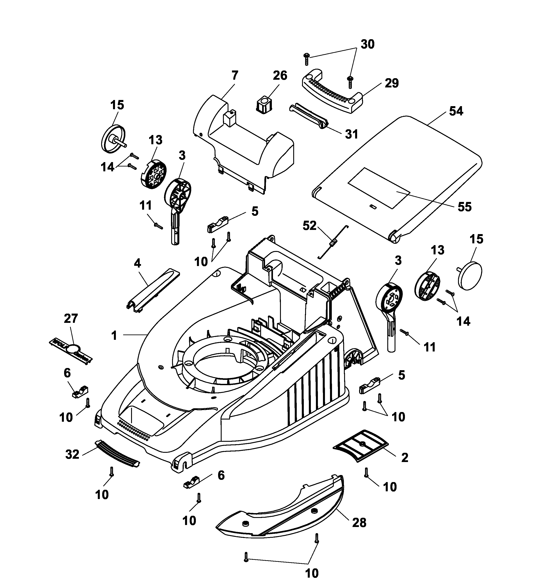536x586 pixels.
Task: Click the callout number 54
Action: coord(456,111)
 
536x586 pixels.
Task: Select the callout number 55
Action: coord(464,207)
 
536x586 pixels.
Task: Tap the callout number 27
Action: coord(71,319)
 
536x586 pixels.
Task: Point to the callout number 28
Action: coord(359,523)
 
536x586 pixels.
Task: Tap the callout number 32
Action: coord(72,454)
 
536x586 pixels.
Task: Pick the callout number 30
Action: coord(368,44)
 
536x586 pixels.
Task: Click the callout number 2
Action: coord(404,458)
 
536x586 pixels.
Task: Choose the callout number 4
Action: coord(137,263)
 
